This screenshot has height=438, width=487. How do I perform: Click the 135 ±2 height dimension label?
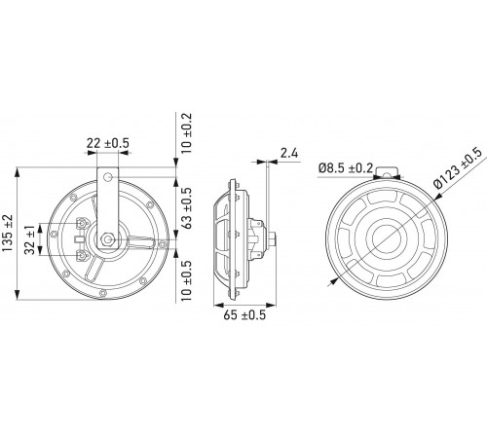tap(8, 233)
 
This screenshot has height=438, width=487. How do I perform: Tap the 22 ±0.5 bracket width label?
tap(108, 143)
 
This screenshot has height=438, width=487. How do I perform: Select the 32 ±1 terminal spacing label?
tap(30, 239)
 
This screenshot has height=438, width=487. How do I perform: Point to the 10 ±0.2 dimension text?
tap(187, 133)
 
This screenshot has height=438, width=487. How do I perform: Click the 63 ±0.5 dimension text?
tap(187, 208)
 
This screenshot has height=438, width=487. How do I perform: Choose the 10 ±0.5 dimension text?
tap(187, 280)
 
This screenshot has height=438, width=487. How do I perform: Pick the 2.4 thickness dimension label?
tap(289, 153)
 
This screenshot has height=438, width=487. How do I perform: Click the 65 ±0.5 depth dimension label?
tap(244, 314)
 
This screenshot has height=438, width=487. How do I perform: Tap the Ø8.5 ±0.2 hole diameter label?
tap(346, 167)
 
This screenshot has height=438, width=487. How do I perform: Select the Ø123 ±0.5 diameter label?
tap(458, 167)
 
